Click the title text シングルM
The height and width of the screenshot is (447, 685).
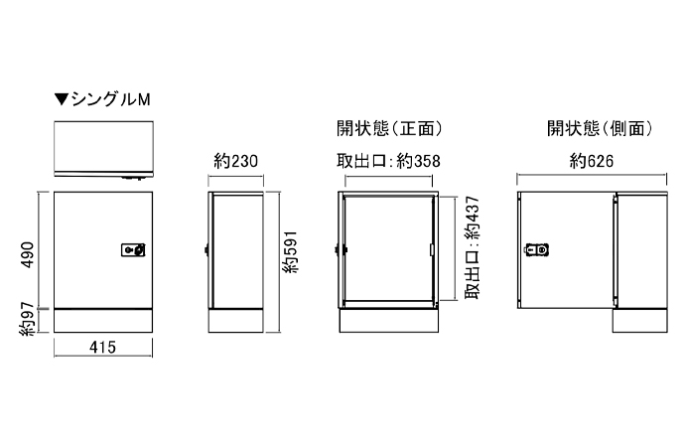tap(110, 99)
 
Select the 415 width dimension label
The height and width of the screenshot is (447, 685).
tap(103, 348)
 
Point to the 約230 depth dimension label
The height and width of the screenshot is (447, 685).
tap(236, 161)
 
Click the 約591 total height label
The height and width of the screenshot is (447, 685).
tap(290, 255)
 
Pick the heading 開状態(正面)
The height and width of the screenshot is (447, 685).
tap(389, 128)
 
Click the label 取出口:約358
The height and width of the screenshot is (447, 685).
tap(389, 161)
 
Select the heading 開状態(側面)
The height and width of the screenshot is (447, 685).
tap(598, 128)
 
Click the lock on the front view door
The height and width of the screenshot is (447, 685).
tap(132, 251)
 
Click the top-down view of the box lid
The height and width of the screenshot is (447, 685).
tap(103, 147)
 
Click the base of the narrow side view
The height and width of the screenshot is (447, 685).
tap(236, 321)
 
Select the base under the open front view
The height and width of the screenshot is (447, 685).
tap(389, 321)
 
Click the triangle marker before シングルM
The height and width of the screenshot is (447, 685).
tap(62, 99)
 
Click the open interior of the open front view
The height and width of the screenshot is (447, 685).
tap(389, 248)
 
